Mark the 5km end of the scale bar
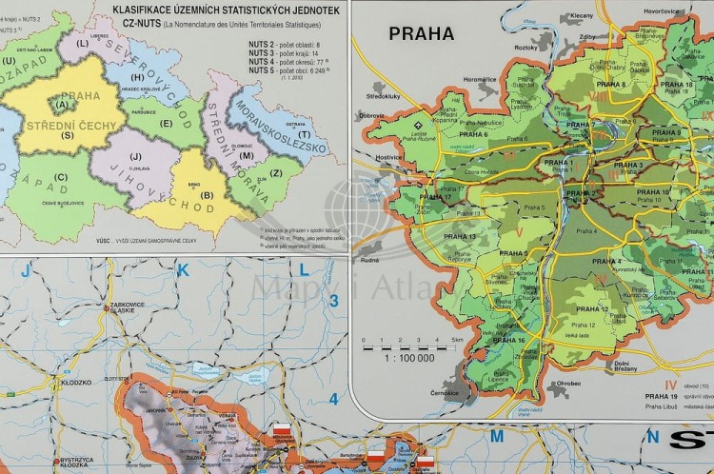pyautogui.click(x=457, y=340)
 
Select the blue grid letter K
pyautogui.click(x=185, y=271)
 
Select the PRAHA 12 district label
pyautogui.click(x=592, y=309)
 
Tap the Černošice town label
pyautogui.click(x=445, y=392)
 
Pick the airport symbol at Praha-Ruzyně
pyautogui.click(x=419, y=125)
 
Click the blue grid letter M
pyautogui.click(x=496, y=436)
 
